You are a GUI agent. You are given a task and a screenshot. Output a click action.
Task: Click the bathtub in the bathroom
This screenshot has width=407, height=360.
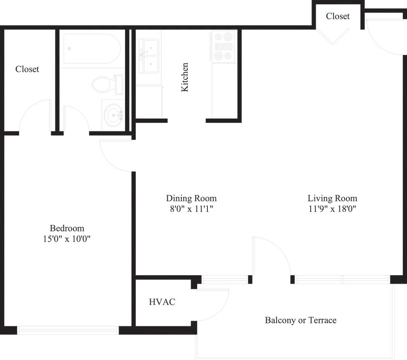[92, 48]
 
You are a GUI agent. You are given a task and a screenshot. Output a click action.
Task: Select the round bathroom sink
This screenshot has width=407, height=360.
[114, 114]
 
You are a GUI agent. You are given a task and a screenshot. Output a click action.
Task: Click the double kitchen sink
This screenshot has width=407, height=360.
[148, 55]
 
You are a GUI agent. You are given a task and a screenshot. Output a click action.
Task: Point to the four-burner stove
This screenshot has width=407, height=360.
[223, 46]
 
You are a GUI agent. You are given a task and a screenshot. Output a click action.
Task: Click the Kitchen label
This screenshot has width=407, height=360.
[185, 77]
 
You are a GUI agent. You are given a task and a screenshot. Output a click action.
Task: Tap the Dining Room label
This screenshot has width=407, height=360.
[191, 198]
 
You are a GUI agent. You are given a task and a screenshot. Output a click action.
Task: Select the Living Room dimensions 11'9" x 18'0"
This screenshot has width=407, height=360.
[332, 209]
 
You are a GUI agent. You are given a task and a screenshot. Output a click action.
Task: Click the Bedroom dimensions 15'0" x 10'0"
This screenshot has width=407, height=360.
[67, 239]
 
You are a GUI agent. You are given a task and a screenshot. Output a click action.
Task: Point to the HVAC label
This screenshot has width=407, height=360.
[162, 302]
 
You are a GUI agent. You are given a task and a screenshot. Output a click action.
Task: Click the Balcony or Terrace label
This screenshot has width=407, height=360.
[300, 320]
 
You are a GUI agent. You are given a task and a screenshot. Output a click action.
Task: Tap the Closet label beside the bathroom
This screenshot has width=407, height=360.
[27, 69]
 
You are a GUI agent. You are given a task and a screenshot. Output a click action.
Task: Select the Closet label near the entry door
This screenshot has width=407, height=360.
[337, 16]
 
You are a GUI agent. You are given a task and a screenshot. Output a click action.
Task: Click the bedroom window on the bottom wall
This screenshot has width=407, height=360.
[68, 330]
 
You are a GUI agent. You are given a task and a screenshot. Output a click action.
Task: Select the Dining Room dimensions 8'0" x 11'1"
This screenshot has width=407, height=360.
[191, 209]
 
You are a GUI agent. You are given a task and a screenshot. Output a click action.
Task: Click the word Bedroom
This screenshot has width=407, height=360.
[67, 228]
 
